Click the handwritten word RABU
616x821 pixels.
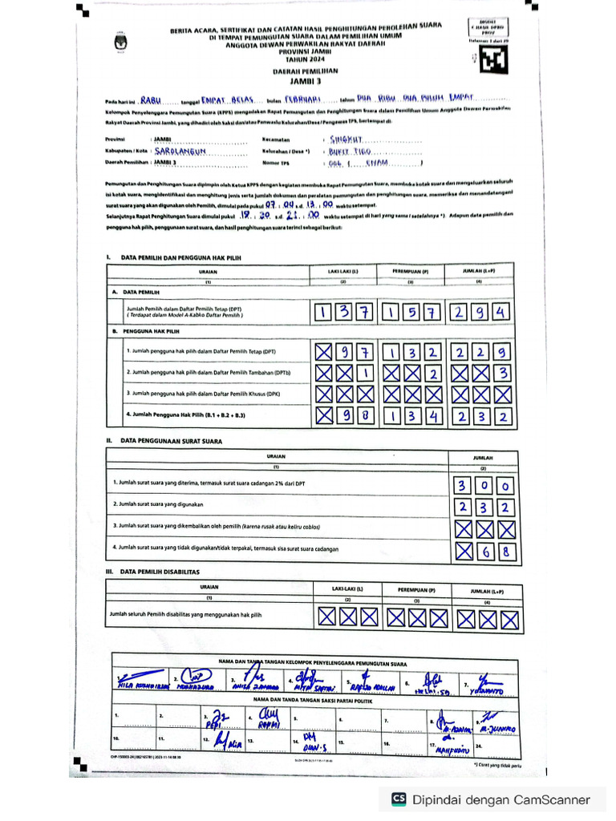click(x=151, y=100)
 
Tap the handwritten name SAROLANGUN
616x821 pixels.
click(x=181, y=150)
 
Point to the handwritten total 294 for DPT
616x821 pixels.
click(x=480, y=312)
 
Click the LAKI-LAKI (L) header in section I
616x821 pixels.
click(x=343, y=272)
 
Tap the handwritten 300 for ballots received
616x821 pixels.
click(x=484, y=487)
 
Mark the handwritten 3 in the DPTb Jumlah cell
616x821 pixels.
click(x=502, y=373)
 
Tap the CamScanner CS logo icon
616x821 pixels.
click(x=399, y=799)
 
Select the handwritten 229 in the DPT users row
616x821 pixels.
click(x=480, y=351)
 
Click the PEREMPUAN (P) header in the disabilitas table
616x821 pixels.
click(x=414, y=589)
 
